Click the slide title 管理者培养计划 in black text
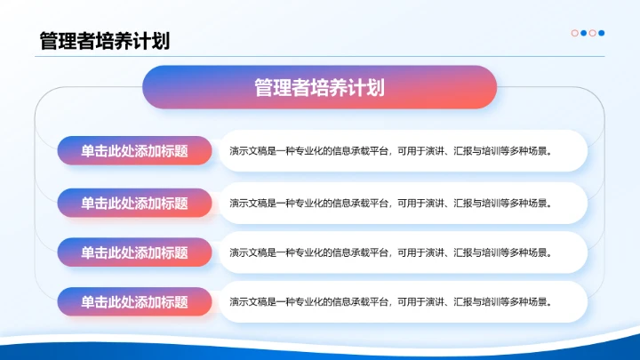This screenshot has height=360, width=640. (x=104, y=41)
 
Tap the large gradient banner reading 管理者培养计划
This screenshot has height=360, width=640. (x=319, y=87)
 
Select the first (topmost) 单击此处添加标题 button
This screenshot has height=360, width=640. (x=134, y=151)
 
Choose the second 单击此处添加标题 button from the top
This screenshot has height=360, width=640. (x=134, y=203)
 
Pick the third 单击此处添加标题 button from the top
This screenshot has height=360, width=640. (x=134, y=252)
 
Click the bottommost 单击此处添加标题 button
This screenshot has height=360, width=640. (x=134, y=301)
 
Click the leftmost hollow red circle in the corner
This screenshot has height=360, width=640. (x=574, y=33)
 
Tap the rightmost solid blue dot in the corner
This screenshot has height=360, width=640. (x=602, y=33)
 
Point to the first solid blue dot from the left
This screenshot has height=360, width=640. (x=583, y=33)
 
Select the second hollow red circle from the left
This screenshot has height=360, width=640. (x=592, y=33)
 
